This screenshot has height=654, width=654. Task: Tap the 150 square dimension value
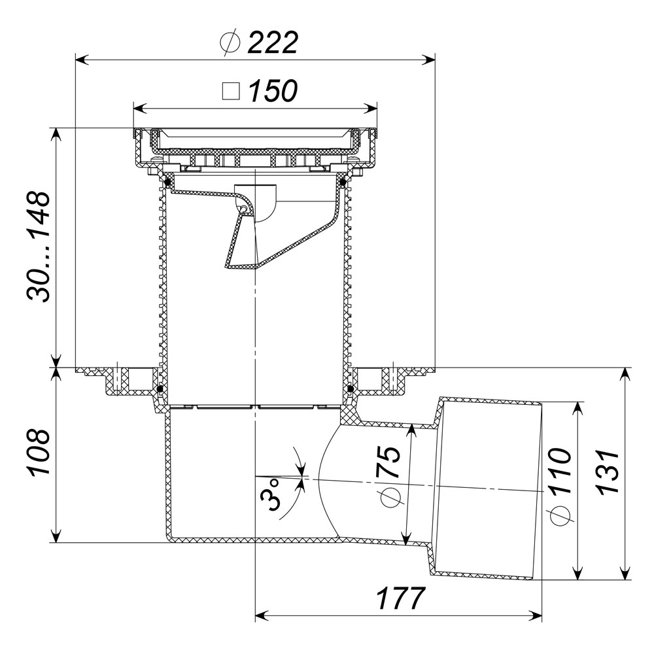click(273, 90)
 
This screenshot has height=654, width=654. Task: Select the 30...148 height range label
click(39, 247)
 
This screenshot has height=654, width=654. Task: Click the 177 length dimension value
click(400, 598)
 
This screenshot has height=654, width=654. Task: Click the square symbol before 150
click(231, 92)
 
